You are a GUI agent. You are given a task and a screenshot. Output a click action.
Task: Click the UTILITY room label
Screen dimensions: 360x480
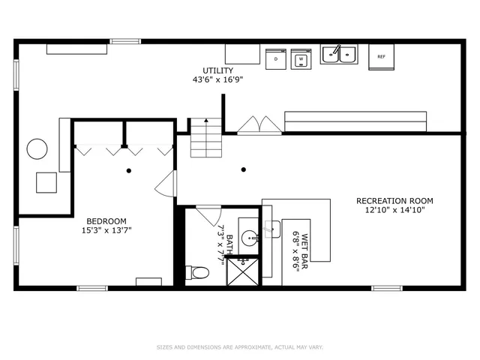[x=217, y=70]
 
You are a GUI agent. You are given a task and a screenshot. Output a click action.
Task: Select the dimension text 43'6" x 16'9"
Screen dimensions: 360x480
[x=217, y=79]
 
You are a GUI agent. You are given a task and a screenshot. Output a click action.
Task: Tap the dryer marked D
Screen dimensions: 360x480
[x=276, y=58]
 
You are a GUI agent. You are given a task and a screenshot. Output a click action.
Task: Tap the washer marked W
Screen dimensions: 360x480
[x=301, y=58]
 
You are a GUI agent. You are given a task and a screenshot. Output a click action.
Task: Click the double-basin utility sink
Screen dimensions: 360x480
[x=340, y=54]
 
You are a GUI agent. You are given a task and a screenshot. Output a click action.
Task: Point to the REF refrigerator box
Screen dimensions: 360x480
[x=381, y=56]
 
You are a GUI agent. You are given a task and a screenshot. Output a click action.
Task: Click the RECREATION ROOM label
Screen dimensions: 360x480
[x=394, y=201]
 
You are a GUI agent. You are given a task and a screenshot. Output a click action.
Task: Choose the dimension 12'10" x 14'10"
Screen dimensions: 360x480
[x=394, y=210]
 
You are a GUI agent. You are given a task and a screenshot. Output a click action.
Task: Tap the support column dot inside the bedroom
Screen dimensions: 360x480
[x=129, y=171]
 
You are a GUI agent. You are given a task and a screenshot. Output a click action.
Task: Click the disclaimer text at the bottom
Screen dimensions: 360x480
[x=240, y=347]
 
